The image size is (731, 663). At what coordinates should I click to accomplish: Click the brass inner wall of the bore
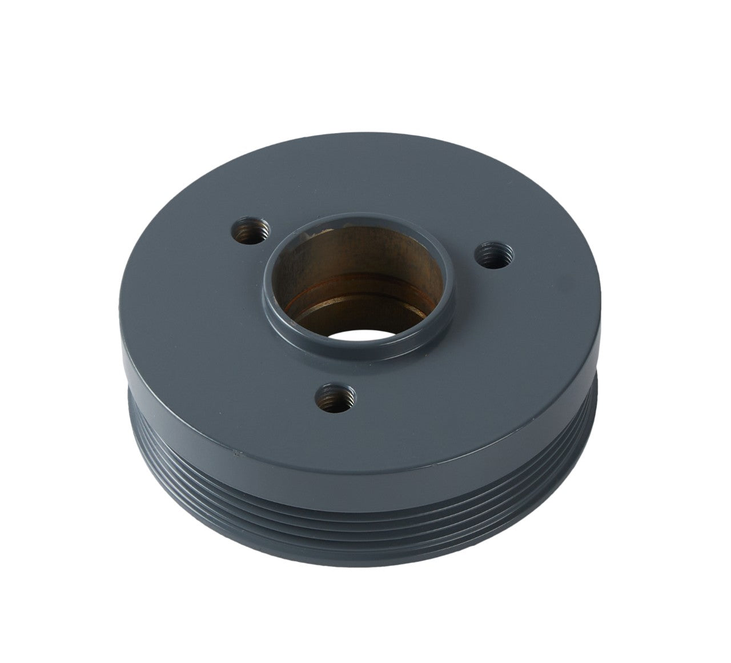click(x=354, y=251)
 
